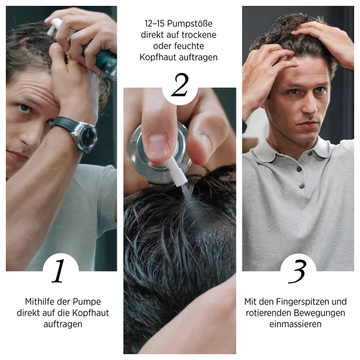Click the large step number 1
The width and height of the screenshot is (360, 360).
pos(58,271)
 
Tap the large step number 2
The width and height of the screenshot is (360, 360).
pos(180,85)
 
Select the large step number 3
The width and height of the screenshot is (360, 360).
pos(297,271)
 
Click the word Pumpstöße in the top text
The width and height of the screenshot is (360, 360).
pos(189,23)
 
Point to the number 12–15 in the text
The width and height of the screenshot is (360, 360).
pos(154,23)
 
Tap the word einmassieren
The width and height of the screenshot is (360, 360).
pos(296,324)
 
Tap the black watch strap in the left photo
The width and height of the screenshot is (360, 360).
pos(63,123)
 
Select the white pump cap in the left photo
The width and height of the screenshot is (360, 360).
pos(54,26)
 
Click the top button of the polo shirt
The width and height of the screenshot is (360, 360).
pos(299,169)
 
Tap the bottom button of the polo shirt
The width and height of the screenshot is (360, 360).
pos(302,186)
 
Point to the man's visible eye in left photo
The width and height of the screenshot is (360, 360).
pos(25,108)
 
